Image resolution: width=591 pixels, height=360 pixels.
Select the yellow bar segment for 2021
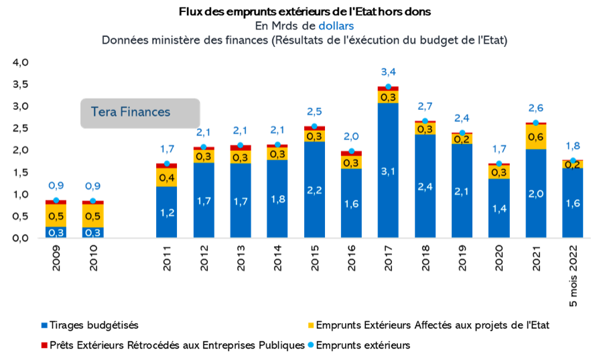pos(535,137)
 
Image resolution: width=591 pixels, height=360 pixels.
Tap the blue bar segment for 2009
pos(56,232)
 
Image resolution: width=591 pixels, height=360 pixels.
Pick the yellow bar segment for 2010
pos(92,215)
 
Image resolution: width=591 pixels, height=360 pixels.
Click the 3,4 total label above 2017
pos(388,72)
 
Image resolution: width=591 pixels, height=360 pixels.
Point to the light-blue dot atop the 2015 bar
pos(314,127)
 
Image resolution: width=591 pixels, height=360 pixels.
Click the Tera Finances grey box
pos(140,113)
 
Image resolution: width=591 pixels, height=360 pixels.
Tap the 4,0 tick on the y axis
pos(21,62)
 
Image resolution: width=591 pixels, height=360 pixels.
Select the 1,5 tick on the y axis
pos(21,172)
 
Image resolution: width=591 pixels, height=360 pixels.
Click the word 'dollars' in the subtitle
pos(336,25)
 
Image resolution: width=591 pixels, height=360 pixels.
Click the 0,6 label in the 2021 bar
pos(535,137)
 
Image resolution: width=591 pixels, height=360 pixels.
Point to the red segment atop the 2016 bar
pos(351,154)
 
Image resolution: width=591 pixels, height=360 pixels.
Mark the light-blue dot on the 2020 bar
pos(499,164)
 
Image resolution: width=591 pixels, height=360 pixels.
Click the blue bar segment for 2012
pos(204,200)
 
